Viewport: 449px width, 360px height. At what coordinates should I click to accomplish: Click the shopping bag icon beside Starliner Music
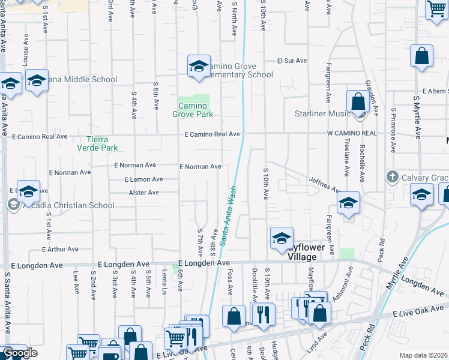tap(358, 102)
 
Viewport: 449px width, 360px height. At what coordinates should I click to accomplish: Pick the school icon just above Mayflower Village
tap(282, 238)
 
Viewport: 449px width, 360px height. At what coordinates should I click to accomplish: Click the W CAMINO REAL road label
tap(351, 133)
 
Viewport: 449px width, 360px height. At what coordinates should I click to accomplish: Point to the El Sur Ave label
tap(291, 61)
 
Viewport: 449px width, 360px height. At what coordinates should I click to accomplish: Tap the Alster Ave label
tap(144, 193)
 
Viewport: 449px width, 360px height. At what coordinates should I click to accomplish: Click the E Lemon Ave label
tap(143, 179)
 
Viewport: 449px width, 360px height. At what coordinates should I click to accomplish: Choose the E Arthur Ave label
tap(60, 249)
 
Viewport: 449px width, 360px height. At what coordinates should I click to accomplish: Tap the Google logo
tap(20, 353)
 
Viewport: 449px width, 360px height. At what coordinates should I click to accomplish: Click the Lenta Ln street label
tap(163, 282)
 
